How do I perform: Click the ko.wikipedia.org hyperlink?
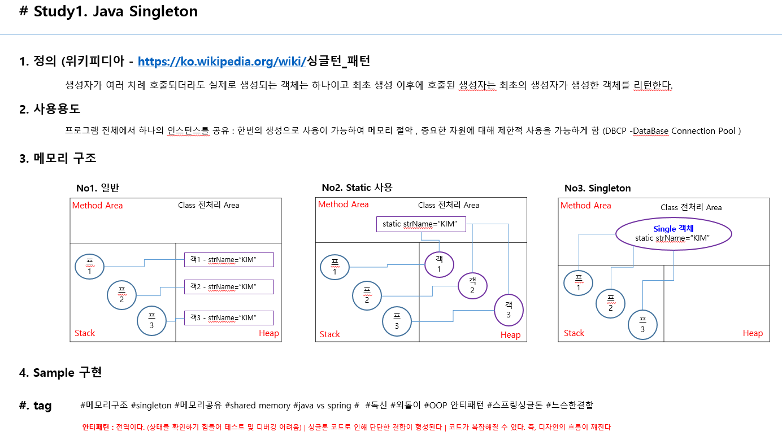[x=221, y=62]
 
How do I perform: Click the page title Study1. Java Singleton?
[x=108, y=12]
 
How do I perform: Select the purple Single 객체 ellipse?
[x=673, y=233]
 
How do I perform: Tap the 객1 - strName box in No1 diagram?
[x=228, y=260]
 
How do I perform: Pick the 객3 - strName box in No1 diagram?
[x=228, y=318]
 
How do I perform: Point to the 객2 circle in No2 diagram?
[x=472, y=286]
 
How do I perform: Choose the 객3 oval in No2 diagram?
[x=509, y=310]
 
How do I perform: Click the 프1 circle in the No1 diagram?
[x=89, y=267]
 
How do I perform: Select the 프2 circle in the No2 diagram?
[x=367, y=295]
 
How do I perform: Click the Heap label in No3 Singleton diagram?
[x=753, y=333]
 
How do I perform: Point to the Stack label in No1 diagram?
[x=85, y=333]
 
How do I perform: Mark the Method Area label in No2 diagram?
[x=344, y=204]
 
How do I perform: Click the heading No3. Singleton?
[x=597, y=188]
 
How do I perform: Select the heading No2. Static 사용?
[x=357, y=188]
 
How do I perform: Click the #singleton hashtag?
[x=150, y=405]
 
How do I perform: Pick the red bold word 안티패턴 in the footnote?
[x=97, y=428]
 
